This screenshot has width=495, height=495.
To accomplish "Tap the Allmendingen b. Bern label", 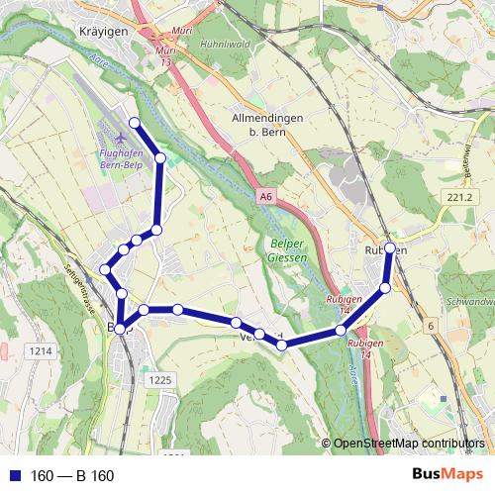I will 266,123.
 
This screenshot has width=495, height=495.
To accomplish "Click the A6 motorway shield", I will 265,197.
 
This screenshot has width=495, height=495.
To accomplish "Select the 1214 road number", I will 41,350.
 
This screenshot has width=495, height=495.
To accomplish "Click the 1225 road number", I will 159,379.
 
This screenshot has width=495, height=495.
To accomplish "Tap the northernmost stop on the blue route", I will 134,123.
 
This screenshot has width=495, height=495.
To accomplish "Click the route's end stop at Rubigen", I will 390,247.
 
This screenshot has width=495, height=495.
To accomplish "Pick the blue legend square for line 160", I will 15,476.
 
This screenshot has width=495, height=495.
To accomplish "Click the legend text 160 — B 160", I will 72,476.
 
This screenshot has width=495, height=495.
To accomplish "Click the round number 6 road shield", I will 431,326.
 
